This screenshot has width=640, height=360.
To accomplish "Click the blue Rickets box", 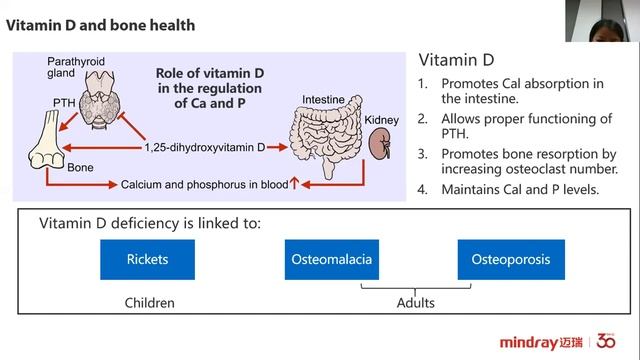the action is (147, 260).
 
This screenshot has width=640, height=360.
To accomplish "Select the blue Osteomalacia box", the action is (332, 260).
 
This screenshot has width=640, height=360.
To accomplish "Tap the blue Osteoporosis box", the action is (511, 260).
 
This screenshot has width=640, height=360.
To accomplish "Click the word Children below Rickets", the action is (149, 303).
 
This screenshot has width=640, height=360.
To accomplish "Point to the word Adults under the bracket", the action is (416, 303).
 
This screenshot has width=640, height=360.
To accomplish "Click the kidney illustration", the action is (380, 144).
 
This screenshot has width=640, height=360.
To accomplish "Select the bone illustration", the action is (47, 141).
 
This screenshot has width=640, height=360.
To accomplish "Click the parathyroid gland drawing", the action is (100, 100).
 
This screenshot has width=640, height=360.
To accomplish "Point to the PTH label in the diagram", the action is (64, 102).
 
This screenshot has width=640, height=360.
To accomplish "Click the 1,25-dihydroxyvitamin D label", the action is (205, 147).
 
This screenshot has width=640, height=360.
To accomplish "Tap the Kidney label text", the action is (381, 120).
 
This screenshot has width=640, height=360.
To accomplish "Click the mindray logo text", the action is (529, 342).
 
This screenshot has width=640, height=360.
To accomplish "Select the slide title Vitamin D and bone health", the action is (100, 25).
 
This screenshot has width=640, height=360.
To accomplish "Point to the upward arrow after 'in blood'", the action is (294, 183).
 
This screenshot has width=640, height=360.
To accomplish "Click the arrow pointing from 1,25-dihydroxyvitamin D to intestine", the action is (277, 147).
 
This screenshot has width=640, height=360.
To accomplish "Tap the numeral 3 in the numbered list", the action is (422, 154).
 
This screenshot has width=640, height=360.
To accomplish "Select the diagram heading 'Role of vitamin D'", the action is (210, 73).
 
